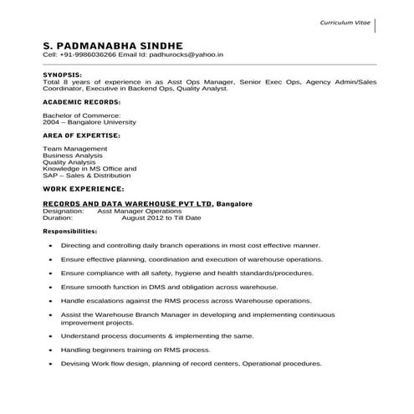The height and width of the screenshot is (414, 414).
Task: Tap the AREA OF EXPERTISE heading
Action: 80,134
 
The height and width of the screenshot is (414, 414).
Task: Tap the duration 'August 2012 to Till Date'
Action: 161,217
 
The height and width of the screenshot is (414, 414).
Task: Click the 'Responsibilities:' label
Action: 69,231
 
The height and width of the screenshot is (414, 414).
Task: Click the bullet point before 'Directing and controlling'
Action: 52,248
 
